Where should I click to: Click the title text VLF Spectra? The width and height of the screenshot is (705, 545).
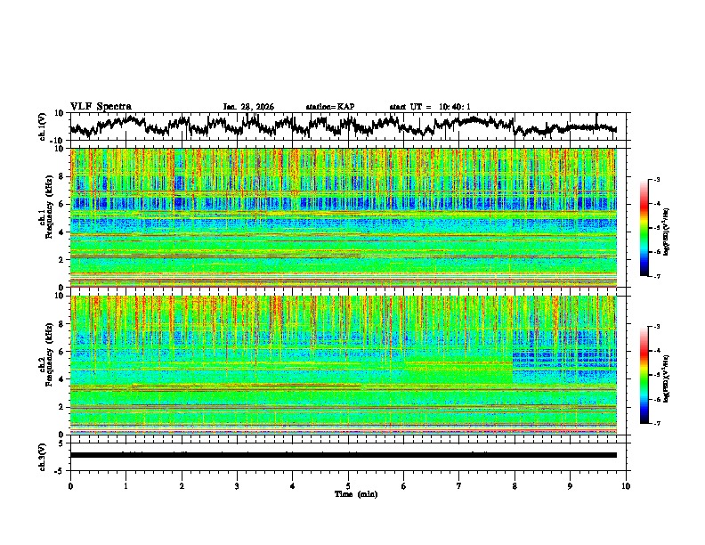(x=101, y=107)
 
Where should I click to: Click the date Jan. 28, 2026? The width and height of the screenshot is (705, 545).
(x=248, y=107)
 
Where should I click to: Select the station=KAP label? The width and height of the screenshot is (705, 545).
(x=329, y=107)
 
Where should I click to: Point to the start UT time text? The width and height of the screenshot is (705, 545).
(x=430, y=107)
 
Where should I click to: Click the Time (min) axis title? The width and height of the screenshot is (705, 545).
(x=348, y=493)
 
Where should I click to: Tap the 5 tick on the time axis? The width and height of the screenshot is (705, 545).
(x=348, y=485)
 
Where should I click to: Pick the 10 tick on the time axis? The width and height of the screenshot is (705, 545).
(x=626, y=485)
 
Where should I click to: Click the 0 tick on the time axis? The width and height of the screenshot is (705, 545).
(x=70, y=485)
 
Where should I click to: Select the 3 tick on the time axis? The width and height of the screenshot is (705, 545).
(x=237, y=485)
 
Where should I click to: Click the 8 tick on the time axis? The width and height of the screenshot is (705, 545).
(x=515, y=485)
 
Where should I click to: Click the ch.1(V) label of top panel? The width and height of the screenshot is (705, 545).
(x=43, y=126)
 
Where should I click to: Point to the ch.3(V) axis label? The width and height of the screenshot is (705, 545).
(x=43, y=455)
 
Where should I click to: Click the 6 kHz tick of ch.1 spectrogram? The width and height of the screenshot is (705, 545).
(x=62, y=204)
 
